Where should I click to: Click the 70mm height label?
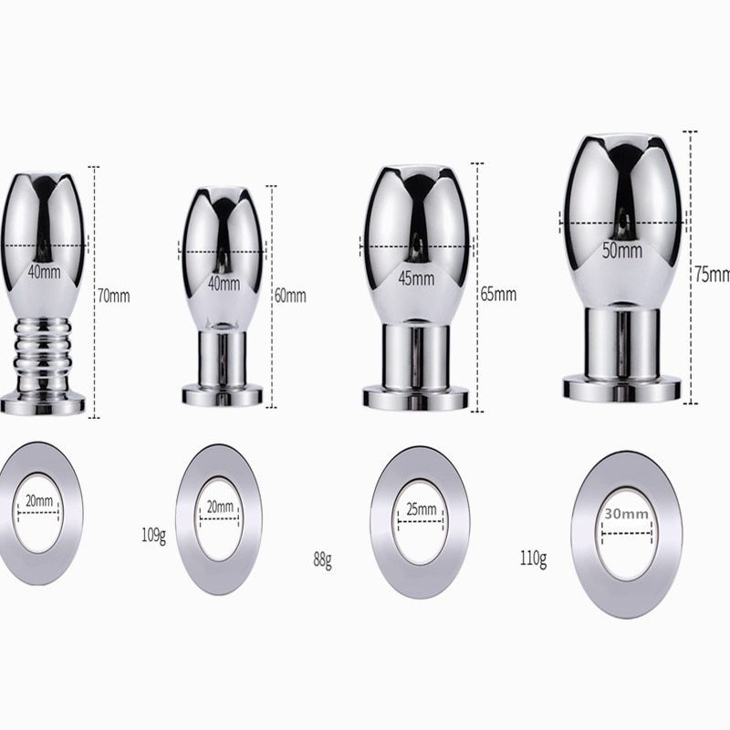tap(113, 296)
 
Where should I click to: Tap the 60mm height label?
tap(290, 296)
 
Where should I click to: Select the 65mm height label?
tap(498, 294)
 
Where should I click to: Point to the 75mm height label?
tap(713, 275)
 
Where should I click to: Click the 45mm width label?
tap(416, 278)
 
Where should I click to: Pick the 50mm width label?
tap(622, 250)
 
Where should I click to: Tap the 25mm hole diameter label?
tap(422, 509)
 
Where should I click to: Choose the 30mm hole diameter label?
tap(627, 514)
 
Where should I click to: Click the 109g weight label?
tap(153, 536)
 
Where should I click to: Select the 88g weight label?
tap(322, 560)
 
